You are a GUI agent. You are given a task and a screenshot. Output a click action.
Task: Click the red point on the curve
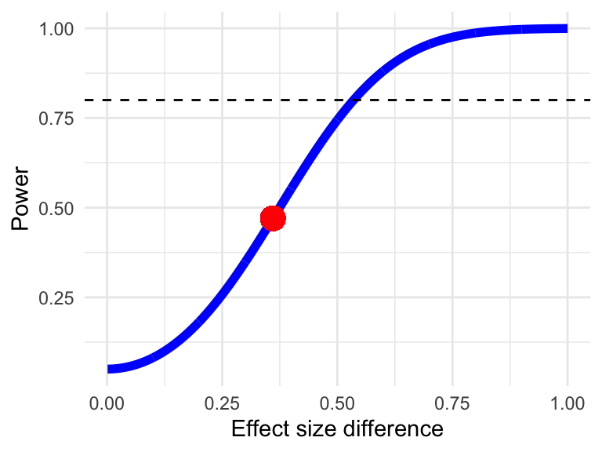[273, 218]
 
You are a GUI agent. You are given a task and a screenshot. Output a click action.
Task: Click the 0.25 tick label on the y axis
[56, 298]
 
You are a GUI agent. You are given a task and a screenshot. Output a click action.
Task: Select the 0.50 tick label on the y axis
[56, 208]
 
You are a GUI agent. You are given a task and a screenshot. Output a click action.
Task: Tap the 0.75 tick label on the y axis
[56, 118]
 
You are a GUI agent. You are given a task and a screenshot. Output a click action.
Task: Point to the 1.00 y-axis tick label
[56, 29]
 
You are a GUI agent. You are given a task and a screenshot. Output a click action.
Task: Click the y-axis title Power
[21, 208]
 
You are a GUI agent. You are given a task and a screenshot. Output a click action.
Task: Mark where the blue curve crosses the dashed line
[355, 100]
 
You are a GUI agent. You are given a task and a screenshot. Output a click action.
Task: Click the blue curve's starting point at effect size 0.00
[108, 369]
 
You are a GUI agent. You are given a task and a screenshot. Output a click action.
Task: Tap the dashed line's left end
[84, 100]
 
